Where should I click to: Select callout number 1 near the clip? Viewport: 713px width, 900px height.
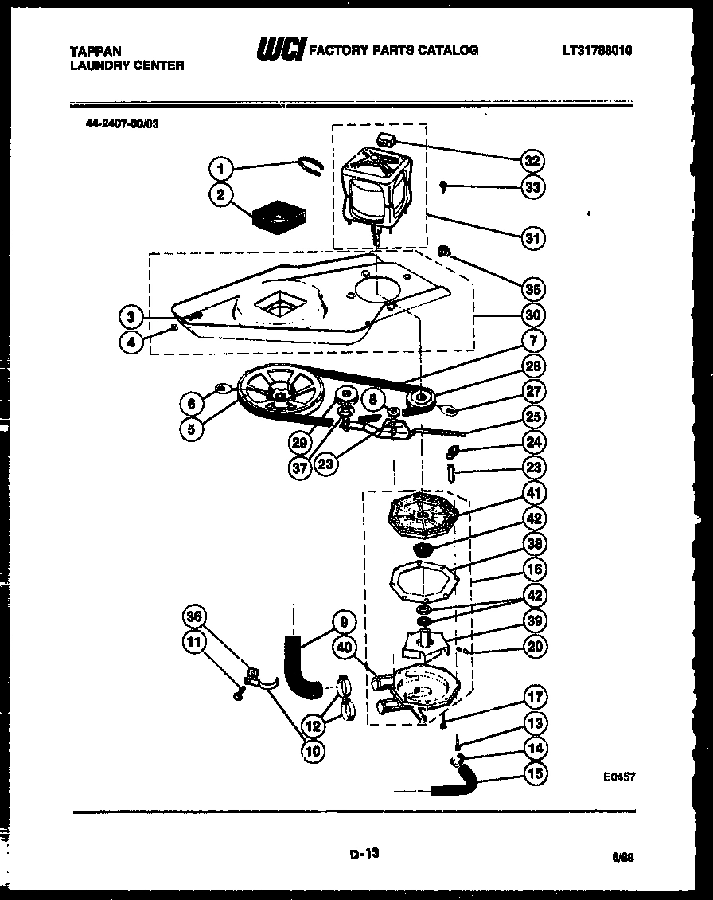[222, 167]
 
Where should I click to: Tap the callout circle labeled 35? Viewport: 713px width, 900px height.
[532, 288]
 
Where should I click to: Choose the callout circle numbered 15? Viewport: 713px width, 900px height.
[534, 773]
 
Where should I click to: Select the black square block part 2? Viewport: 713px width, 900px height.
[275, 217]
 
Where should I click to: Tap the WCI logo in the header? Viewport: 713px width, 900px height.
[279, 49]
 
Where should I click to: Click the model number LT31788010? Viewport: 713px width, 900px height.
[602, 50]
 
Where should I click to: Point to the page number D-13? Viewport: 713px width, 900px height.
[364, 853]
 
